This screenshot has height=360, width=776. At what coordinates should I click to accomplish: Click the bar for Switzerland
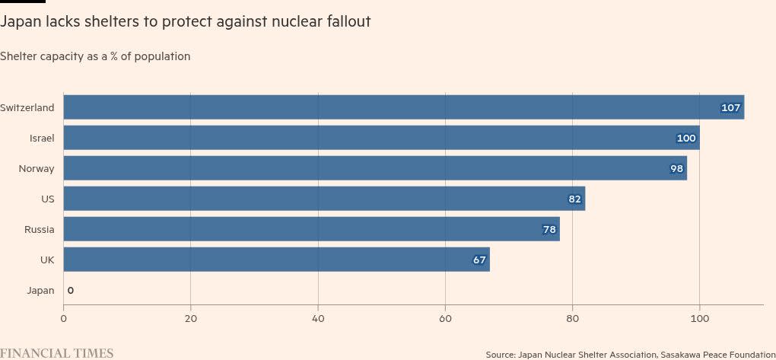pos(403,107)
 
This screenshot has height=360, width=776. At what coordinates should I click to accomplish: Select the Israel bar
pos(380,138)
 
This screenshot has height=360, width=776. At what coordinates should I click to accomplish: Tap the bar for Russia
pos(311,229)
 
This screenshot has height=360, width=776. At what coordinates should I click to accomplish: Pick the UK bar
pos(276,260)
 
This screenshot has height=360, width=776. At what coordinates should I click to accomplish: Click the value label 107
pos(730,108)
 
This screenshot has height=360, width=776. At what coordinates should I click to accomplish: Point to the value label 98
pos(676,169)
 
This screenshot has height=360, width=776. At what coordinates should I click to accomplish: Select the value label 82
pos(574,199)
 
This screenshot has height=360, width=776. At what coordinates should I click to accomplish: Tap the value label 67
pos(479,260)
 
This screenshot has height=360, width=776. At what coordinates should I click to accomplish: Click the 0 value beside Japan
pos(71,290)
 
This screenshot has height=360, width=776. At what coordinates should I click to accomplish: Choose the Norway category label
pos(37,168)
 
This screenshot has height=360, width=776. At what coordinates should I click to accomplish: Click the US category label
pos(47,199)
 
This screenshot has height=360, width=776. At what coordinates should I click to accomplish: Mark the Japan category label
pos(40,290)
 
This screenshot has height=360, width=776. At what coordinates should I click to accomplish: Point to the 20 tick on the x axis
pos(191,318)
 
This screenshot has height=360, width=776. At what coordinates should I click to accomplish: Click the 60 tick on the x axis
pos(445,318)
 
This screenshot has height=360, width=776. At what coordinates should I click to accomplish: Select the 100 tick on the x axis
pos(700,318)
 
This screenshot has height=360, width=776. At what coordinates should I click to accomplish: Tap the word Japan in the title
pos(21,22)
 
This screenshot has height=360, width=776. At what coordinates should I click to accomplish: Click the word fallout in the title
pos(345,22)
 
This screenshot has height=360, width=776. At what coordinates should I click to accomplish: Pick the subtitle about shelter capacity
pos(95,56)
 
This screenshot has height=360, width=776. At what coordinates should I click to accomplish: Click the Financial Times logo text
pos(57,353)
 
